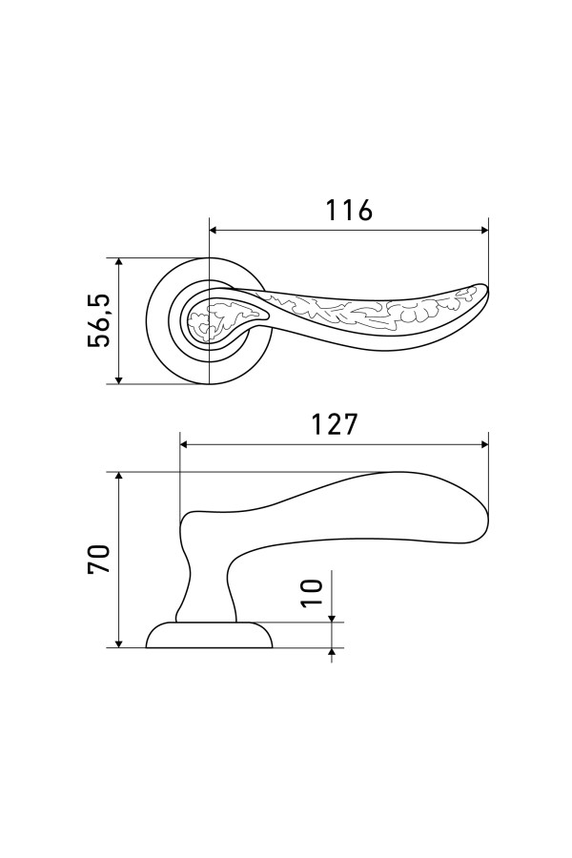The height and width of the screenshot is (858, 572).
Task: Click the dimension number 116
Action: [349, 210]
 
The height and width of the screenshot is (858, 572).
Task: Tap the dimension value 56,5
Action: [99, 320]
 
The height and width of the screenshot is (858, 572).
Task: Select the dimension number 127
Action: [334, 424]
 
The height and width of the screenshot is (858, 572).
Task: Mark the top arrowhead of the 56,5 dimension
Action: [119, 263]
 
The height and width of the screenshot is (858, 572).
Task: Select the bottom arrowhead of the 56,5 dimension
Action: [119, 378]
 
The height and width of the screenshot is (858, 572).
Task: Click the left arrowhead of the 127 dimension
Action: [185, 444]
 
